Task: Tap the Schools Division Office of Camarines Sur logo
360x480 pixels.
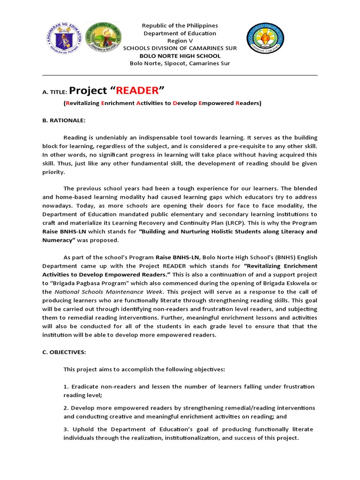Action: coord(99,38)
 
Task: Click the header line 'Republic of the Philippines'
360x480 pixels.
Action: coord(180,25)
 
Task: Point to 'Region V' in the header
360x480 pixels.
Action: coord(180,41)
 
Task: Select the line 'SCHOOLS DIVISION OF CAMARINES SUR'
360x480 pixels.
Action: coord(180,48)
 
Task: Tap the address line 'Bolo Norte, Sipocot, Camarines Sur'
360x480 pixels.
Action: coord(180,63)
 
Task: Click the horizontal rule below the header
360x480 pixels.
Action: coord(180,75)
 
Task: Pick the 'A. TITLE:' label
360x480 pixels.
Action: coord(55,92)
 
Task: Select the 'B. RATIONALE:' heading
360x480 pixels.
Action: coord(64,120)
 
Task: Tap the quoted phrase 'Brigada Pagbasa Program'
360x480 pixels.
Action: coord(84,283)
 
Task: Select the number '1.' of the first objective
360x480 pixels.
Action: coord(66,387)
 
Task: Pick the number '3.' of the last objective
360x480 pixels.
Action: coord(66,430)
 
